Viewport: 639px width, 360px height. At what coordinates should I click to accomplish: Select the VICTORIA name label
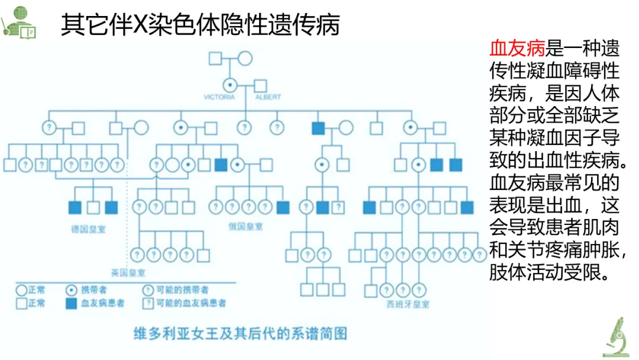(x=219, y=97)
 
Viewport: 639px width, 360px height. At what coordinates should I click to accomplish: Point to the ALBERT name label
(x=268, y=97)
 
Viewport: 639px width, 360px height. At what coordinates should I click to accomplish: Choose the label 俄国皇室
(x=246, y=226)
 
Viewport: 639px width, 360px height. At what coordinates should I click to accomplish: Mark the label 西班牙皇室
(x=408, y=304)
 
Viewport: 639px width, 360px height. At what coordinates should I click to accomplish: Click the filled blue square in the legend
(x=71, y=303)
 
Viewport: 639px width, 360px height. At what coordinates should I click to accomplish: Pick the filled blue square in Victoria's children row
(x=318, y=127)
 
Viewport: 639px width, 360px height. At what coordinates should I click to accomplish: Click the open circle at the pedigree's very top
(x=245, y=59)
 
